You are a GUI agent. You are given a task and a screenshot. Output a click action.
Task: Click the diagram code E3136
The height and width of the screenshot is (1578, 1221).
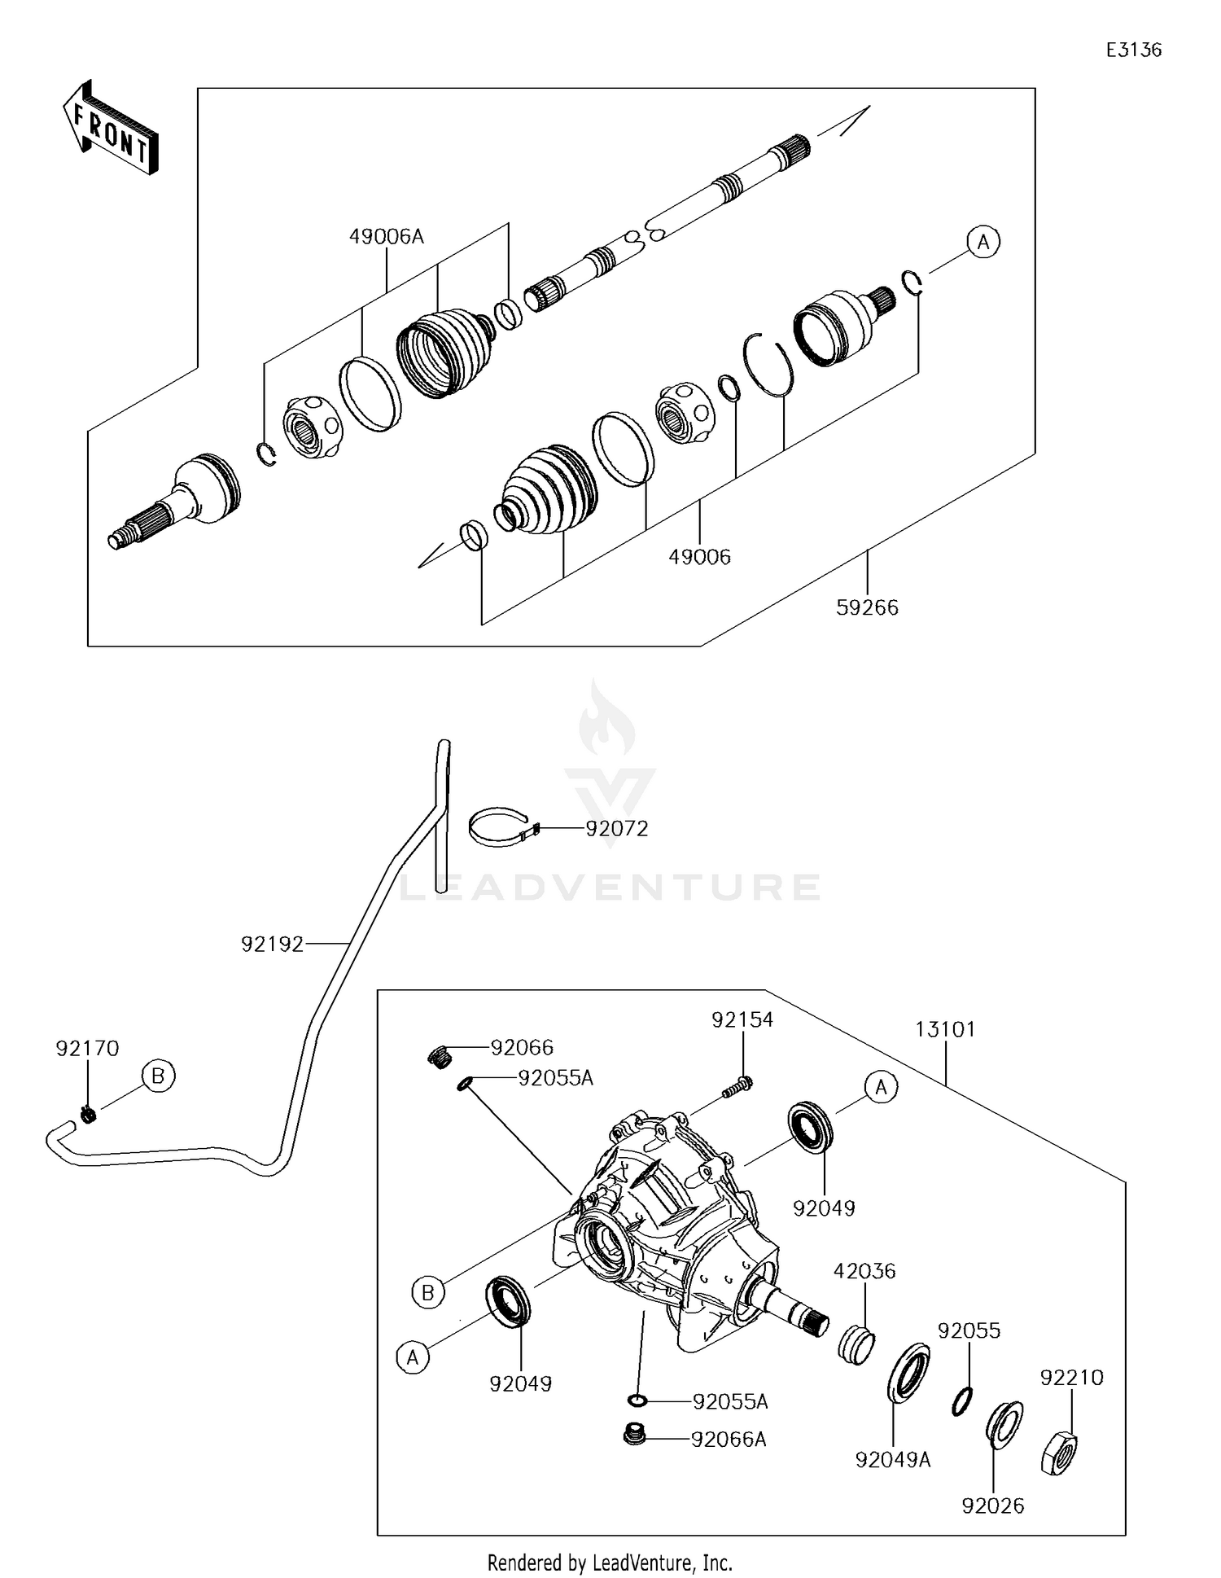tap(1133, 50)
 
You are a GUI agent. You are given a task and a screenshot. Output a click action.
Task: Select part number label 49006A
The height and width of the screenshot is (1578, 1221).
tap(387, 237)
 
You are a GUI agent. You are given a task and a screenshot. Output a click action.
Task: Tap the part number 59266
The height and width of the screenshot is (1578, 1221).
tap(867, 607)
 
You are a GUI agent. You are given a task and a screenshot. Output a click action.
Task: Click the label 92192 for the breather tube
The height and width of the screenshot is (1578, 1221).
tap(272, 944)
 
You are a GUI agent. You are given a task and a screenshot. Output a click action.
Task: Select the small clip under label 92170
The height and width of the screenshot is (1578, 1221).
tap(90, 1114)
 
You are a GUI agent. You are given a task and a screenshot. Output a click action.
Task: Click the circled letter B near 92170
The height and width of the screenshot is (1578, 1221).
tap(158, 1076)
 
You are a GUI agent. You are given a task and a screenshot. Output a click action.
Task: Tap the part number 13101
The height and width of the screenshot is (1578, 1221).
tap(944, 1029)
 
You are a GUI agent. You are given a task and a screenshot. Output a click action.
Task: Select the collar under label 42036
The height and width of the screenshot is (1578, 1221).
tap(856, 1345)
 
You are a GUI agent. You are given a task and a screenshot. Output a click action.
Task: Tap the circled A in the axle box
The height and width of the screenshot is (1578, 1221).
tap(983, 243)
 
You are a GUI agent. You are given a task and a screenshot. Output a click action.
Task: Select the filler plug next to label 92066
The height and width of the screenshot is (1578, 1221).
tap(440, 1056)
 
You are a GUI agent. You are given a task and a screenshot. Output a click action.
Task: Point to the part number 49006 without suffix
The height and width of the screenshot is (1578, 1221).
tap(699, 557)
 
